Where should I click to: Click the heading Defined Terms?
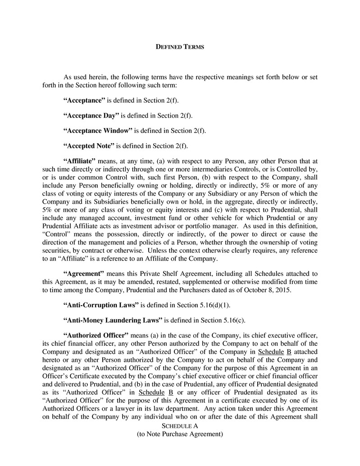(x=180, y=46)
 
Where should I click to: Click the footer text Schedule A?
(x=180, y=425)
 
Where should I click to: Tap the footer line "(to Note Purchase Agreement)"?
(x=180, y=434)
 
